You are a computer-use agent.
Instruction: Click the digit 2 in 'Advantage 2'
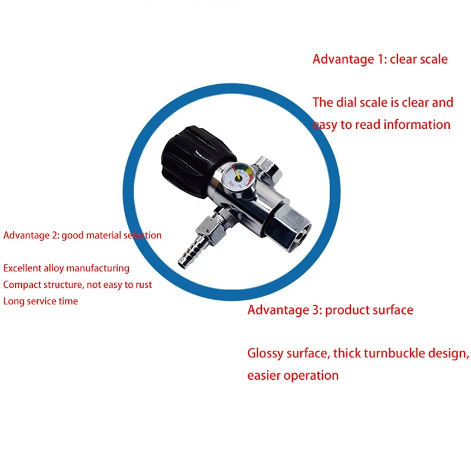(x=53, y=235)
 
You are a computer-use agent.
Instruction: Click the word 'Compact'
(x=22, y=284)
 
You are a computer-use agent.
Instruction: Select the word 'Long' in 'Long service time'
(x=14, y=301)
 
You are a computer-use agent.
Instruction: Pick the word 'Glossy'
(x=266, y=354)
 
